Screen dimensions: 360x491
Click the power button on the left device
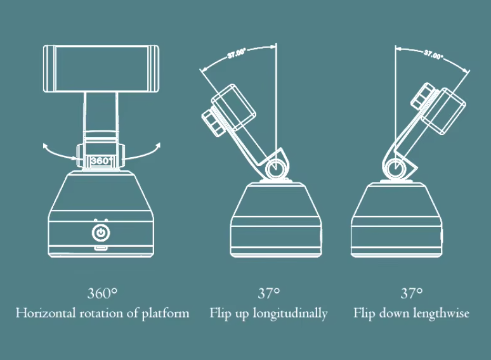click(100, 233)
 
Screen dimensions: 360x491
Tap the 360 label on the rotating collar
click(100, 160)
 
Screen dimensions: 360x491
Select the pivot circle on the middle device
click(275, 169)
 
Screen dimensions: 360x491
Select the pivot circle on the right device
click(394, 169)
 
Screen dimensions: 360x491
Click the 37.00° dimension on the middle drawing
click(237, 54)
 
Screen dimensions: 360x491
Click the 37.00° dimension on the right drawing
click(433, 55)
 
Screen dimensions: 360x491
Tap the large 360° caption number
click(102, 293)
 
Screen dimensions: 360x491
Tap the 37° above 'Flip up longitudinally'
click(268, 293)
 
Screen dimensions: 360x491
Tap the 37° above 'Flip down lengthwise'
click(411, 293)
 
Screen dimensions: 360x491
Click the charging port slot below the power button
click(100, 249)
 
